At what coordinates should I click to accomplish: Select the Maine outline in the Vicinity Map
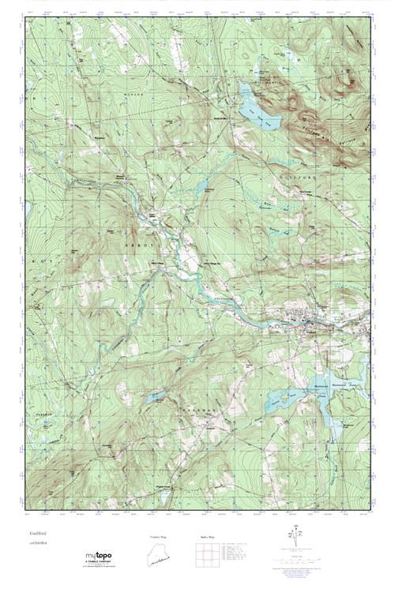coord(159,556)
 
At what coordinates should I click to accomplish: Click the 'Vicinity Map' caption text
coord(159,537)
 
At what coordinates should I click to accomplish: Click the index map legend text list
coord(238,556)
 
